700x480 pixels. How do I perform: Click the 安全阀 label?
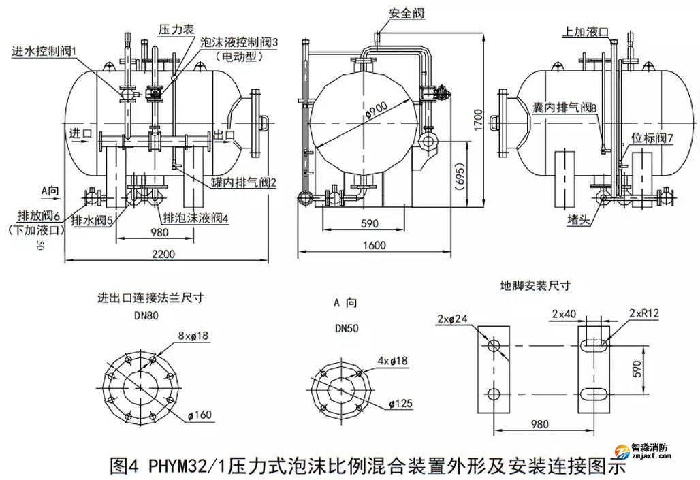(x=403, y=13)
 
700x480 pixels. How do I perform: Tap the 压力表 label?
(x=177, y=29)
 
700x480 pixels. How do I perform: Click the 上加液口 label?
(x=586, y=31)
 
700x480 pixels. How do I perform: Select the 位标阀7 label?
(x=652, y=138)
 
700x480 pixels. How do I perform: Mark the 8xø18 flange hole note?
(x=193, y=336)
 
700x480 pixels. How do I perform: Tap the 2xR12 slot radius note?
(x=647, y=313)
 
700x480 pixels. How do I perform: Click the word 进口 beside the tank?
(x=80, y=133)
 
